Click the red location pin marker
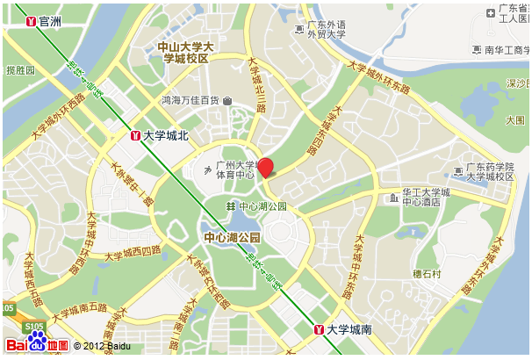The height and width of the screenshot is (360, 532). pos(265,168)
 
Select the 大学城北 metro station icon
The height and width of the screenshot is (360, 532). pos(135,135)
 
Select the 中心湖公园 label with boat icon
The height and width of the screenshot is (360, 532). pos(262,206)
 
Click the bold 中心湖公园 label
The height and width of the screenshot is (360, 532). pos(233,238)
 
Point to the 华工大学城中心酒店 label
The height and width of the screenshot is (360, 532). pos(426,197)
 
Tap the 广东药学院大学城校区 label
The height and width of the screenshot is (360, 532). pos(489,171)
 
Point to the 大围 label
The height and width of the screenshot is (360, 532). pos(516,119)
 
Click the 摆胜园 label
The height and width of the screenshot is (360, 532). pos(20,69)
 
